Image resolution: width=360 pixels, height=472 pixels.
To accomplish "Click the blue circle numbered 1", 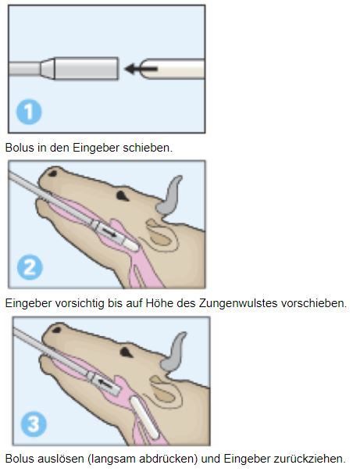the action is [29, 112].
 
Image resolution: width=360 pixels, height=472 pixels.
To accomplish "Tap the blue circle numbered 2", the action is [30, 267].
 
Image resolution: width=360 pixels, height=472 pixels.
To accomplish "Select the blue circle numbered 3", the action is [34, 424].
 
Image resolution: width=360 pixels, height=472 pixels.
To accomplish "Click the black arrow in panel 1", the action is [141, 69].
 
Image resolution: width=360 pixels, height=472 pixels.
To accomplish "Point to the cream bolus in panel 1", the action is [173, 69].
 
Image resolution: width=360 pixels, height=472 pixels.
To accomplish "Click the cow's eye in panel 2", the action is [122, 196].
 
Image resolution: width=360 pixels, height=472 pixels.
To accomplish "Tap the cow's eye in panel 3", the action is [126, 352].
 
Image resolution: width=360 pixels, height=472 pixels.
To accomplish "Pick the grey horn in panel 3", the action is [174, 352].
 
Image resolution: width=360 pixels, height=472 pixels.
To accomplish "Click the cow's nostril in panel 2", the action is [52, 173].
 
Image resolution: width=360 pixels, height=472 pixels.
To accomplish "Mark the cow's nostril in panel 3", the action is [56, 330].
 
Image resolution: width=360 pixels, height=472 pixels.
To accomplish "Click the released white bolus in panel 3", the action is [144, 417].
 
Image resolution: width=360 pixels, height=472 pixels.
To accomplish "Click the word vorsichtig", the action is [80, 303].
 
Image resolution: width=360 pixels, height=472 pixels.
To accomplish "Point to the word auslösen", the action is [61, 459].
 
